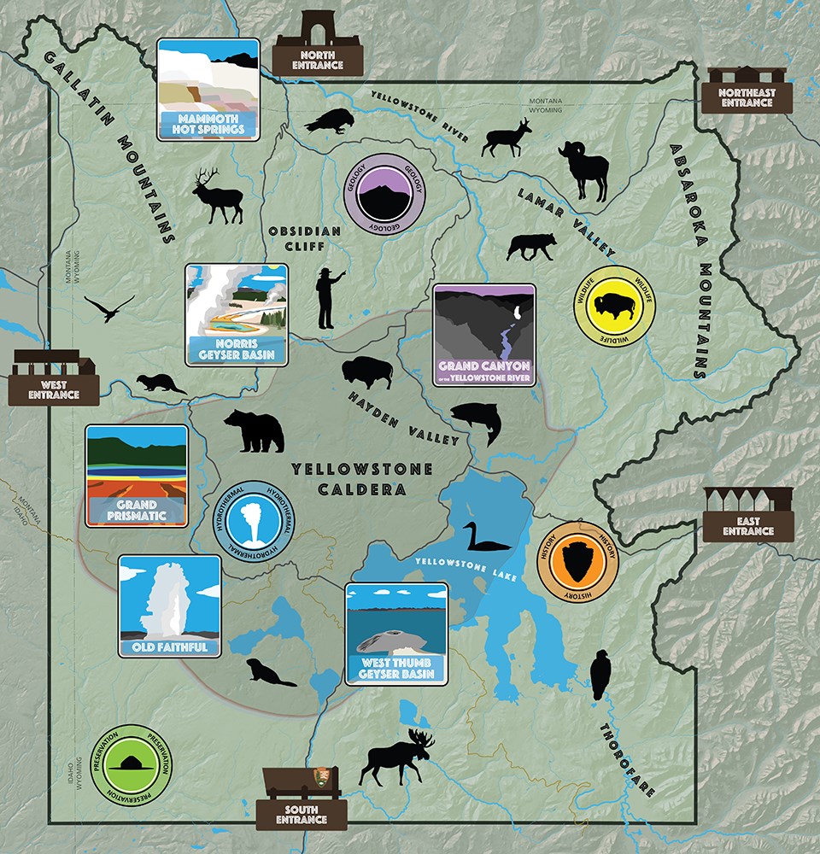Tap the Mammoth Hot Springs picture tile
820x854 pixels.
point(208,90)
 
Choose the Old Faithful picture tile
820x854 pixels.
point(169,607)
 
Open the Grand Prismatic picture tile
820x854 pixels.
point(137,477)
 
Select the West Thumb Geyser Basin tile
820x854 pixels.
point(396,633)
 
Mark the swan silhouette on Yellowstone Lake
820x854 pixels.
point(480,538)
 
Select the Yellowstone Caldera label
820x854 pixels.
point(360,479)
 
